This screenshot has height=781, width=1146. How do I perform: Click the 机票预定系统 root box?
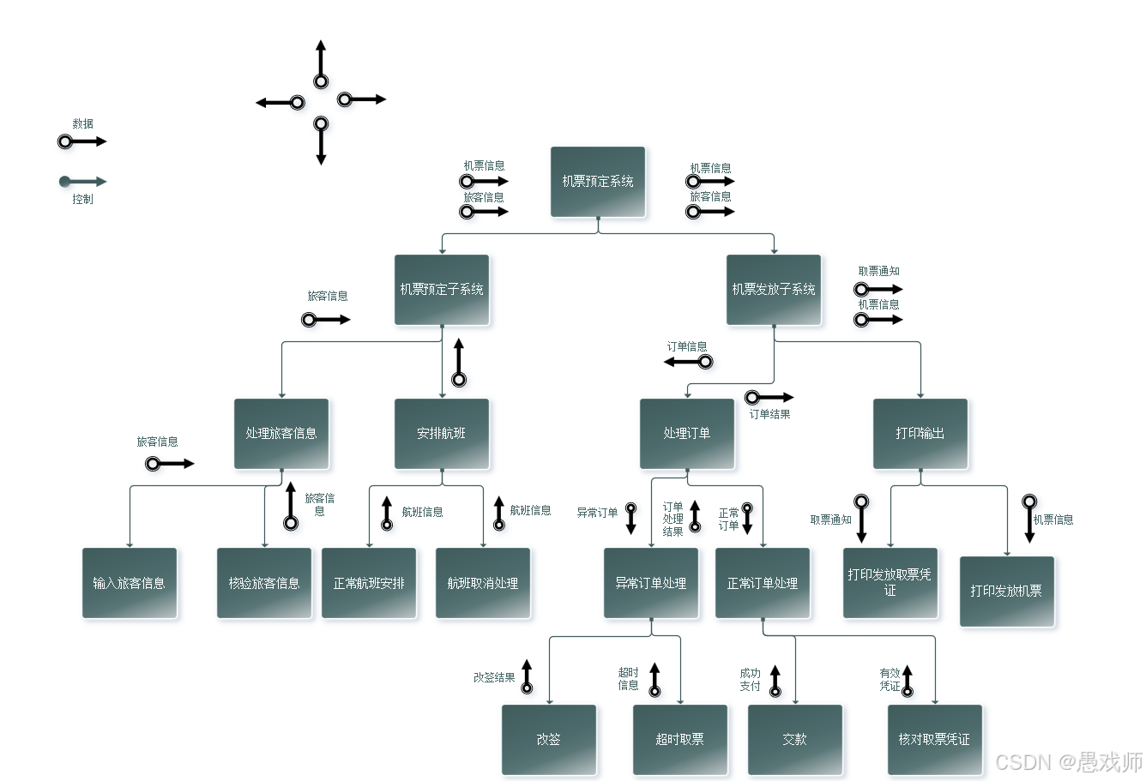tap(597, 182)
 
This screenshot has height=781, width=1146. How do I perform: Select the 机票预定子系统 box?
tap(442, 290)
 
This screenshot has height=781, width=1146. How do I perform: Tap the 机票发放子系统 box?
tap(773, 290)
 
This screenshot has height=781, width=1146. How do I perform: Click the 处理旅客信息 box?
tap(281, 434)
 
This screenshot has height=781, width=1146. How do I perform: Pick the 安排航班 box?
tap(442, 434)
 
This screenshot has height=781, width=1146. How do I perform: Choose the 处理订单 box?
tap(686, 434)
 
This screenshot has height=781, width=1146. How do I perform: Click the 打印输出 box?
tap(920, 434)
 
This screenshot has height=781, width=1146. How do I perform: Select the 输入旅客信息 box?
tap(130, 583)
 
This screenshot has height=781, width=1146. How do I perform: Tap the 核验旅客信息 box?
tap(264, 583)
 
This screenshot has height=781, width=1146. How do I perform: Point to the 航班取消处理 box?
tap(483, 583)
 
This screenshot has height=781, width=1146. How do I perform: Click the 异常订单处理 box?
tap(651, 583)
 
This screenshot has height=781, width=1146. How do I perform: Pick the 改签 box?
tap(549, 739)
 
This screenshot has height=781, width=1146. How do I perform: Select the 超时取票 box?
tap(680, 739)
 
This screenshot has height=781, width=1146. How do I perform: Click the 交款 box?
tap(795, 739)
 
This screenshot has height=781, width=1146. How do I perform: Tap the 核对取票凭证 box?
tap(934, 739)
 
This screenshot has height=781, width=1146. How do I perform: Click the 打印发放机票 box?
tap(1006, 592)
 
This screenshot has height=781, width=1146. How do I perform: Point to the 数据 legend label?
tap(82, 124)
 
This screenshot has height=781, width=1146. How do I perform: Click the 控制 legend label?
tap(82, 200)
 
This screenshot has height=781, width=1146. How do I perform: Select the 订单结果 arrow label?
tap(769, 415)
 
